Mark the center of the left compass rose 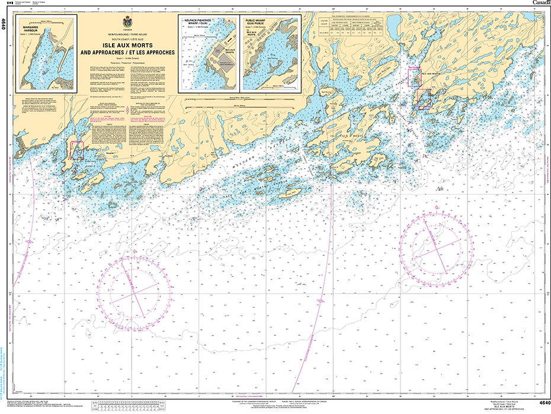pos(135,289)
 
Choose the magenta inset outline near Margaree pos(76,149)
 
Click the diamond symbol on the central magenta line pos(321,301)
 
